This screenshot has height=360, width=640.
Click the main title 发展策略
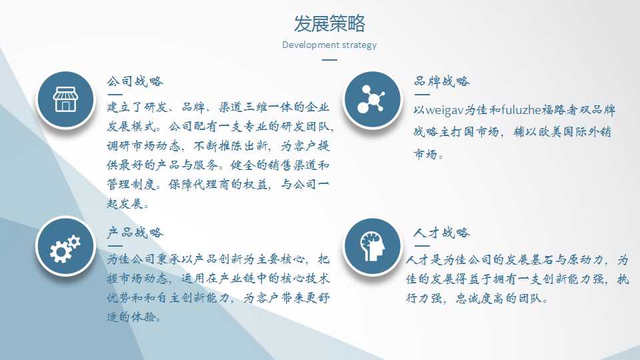tap(329, 23)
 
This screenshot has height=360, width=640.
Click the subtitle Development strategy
tap(329, 45)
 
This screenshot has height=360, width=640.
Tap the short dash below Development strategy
tap(329, 59)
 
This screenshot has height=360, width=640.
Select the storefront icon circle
tap(65, 99)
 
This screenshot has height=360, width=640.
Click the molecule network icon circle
tap(372, 99)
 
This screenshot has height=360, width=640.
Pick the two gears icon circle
tap(65, 247)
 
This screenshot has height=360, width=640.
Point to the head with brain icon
tap(372, 247)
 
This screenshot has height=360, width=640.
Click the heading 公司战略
tap(135, 81)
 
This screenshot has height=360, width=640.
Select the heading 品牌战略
tap(441, 81)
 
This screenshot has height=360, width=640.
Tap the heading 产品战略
tap(135, 232)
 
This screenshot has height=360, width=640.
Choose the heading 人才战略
tap(441, 232)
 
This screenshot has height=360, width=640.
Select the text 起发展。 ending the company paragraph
tap(128, 203)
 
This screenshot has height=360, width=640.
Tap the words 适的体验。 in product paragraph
tap(133, 317)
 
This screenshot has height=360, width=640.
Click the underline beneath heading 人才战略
tap(422, 246)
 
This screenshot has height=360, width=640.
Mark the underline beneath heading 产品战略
tap(115, 246)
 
